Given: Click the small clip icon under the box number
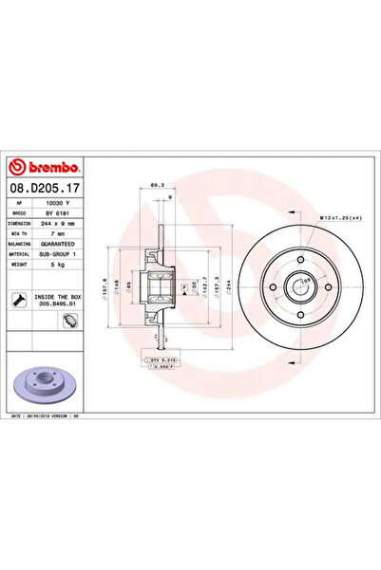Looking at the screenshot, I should click(x=69, y=320).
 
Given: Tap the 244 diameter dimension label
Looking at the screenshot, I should click(x=228, y=283).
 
